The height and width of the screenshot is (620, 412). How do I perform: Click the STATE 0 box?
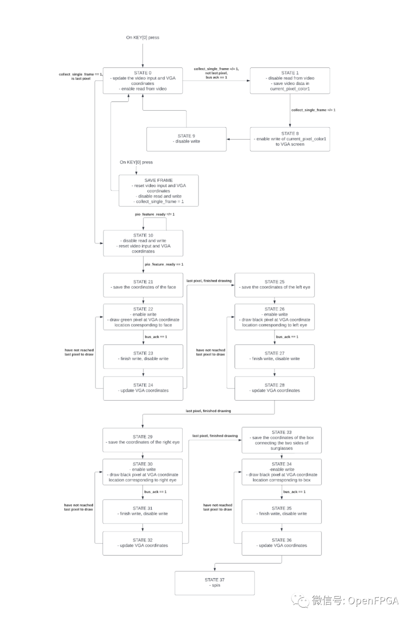(x=143, y=81)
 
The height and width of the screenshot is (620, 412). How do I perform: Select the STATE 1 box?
(x=290, y=81)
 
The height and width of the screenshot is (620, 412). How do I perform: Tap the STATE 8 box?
(x=290, y=139)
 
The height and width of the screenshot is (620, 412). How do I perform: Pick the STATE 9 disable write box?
(x=186, y=139)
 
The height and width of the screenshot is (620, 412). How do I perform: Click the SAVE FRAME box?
(x=158, y=191)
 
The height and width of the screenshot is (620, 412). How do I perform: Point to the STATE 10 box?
(x=143, y=243)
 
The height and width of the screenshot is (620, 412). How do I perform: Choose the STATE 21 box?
(x=143, y=285)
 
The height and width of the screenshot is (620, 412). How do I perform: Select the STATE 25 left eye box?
(x=274, y=285)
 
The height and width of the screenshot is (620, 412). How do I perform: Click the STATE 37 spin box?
(x=214, y=583)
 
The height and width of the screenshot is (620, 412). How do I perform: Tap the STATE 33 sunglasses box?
(x=282, y=440)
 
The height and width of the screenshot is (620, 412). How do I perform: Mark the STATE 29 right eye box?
(x=142, y=440)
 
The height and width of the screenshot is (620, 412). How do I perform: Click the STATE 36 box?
(x=282, y=543)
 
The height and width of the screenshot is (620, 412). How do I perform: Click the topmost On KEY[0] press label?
(x=143, y=37)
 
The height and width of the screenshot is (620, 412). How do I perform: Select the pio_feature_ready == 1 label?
(x=164, y=264)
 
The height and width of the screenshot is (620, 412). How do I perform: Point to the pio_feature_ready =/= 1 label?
(x=154, y=214)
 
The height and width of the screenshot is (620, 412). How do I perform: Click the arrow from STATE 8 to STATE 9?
(x=238, y=139)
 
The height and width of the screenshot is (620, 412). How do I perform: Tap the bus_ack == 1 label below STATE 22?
(x=156, y=337)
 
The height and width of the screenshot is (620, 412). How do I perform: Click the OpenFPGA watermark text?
(x=355, y=601)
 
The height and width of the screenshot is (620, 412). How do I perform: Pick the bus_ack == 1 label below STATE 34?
(x=294, y=492)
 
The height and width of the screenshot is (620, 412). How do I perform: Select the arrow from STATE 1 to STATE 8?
(x=290, y=111)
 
